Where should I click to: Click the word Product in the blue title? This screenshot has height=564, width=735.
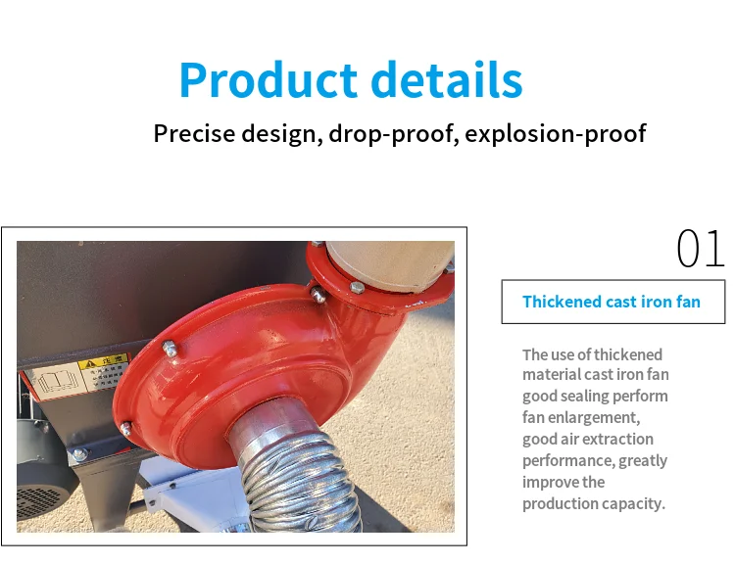pyautogui.click(x=269, y=80)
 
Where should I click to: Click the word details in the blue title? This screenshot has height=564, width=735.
pyautogui.click(x=447, y=79)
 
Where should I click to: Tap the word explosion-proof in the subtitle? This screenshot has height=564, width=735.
pyautogui.click(x=556, y=134)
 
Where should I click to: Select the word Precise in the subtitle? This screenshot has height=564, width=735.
pyautogui.click(x=195, y=133)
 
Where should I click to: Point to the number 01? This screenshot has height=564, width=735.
pyautogui.click(x=701, y=249)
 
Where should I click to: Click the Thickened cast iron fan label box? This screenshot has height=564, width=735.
pyautogui.click(x=613, y=302)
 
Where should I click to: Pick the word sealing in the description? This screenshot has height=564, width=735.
pyautogui.click(x=584, y=397)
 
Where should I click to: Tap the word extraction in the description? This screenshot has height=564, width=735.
pyautogui.click(x=621, y=439)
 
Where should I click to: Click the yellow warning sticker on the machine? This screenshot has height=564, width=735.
pyautogui.click(x=103, y=372)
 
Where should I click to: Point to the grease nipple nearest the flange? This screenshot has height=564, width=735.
pyautogui.click(x=318, y=294)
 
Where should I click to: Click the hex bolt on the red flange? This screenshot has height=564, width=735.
pyautogui.click(x=357, y=287)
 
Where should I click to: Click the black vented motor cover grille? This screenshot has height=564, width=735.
pyautogui.click(x=40, y=502)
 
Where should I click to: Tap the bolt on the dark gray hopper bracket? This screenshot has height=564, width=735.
pyautogui.click(x=78, y=453)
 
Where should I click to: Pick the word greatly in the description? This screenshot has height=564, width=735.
pyautogui.click(x=643, y=461)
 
